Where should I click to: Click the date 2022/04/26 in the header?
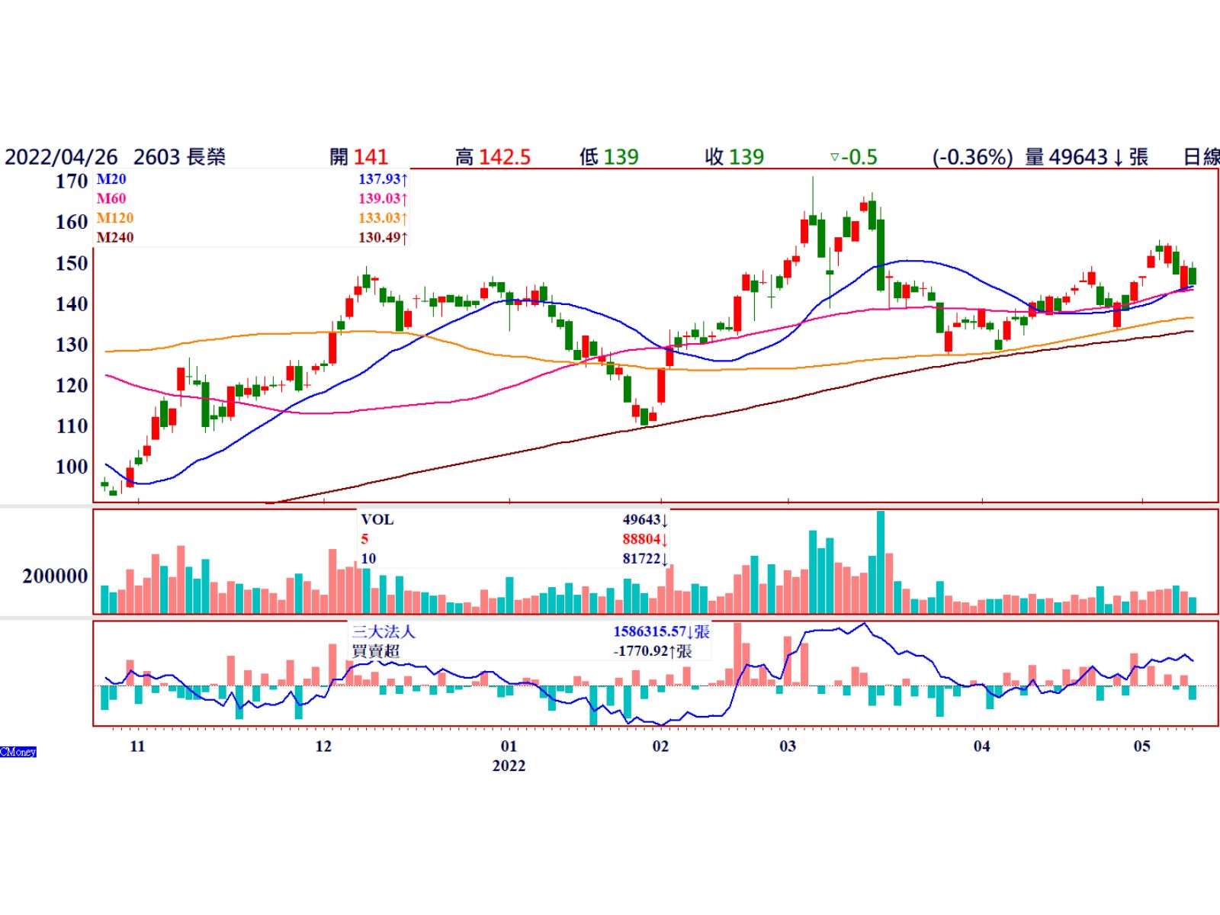coord(61,157)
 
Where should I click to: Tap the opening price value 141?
coord(371,157)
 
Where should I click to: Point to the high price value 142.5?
coord(504,157)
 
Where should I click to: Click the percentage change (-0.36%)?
coord(972,157)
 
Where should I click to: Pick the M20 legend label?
coord(111,180)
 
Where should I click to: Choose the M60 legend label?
coord(111,199)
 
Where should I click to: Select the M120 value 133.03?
coord(379,218)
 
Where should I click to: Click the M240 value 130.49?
coord(379,238)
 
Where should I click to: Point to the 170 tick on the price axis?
coord(72,181)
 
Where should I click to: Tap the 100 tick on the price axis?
coord(72,467)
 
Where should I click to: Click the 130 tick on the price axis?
coord(72,345)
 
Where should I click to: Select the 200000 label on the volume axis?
coord(55,576)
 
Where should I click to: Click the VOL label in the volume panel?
coord(377,520)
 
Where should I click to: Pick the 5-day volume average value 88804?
coord(640,539)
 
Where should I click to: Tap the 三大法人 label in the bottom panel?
coord(384,632)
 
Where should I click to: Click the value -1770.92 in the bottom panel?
coord(640,651)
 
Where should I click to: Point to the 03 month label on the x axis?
coord(788,746)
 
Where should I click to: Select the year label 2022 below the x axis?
coord(509,766)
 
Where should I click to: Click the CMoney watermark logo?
coord(18,752)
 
